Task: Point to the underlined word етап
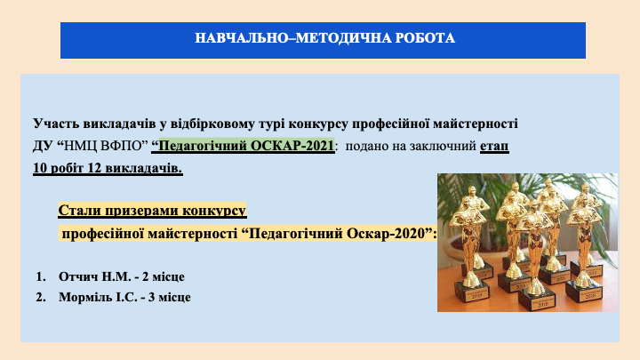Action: click(x=494, y=146)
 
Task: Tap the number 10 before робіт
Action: click(x=40, y=168)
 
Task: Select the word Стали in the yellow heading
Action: click(x=79, y=210)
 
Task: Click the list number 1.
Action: click(x=40, y=276)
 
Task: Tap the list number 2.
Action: click(x=40, y=297)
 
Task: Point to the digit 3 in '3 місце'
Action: click(x=151, y=297)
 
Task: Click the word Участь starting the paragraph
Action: click(x=55, y=124)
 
